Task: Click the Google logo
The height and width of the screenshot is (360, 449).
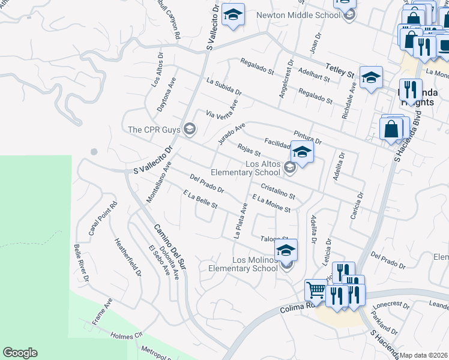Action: (20, 353)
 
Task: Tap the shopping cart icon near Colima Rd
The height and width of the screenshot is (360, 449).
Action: (316, 290)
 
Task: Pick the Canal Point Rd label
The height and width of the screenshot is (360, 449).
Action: (103, 220)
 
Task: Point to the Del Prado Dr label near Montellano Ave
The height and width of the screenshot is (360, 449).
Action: (206, 184)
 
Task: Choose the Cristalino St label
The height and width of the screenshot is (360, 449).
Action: (278, 191)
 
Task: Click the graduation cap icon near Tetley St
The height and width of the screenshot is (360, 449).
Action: (372, 77)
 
